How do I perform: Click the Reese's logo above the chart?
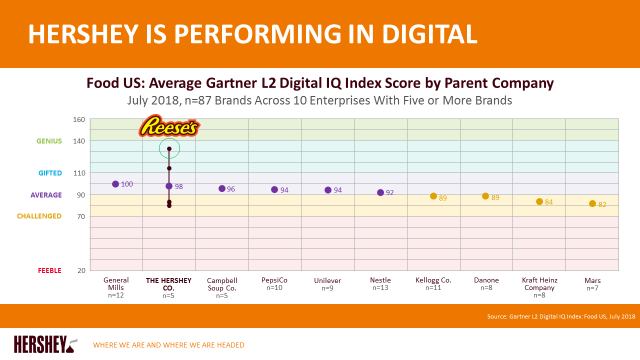pyautogui.click(x=169, y=126)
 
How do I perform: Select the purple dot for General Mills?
pyautogui.click(x=115, y=184)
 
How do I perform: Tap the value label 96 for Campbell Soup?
pyautogui.click(x=230, y=189)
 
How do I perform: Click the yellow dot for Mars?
pyautogui.click(x=592, y=203)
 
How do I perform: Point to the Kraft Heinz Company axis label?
pyautogui.click(x=539, y=284)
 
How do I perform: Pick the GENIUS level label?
pyautogui.click(x=49, y=141)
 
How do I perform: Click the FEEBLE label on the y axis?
pyautogui.click(x=49, y=270)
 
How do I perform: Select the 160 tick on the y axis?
pyautogui.click(x=79, y=119)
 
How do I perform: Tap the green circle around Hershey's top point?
pyautogui.click(x=169, y=148)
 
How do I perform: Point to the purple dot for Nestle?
pyautogui.click(x=380, y=192)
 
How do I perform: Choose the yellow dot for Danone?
pyautogui.click(x=485, y=196)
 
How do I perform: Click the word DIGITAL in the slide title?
pyautogui.click(x=430, y=34)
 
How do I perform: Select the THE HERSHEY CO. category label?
pyautogui.click(x=168, y=284)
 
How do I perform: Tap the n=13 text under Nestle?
pyautogui.click(x=380, y=288)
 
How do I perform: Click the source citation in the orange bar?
pyautogui.click(x=561, y=316)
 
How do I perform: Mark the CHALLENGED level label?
pyautogui.click(x=39, y=216)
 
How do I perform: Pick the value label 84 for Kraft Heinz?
pyautogui.click(x=548, y=202)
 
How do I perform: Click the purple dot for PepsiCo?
pyautogui.click(x=274, y=189)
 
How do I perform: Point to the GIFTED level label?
pyautogui.click(x=50, y=173)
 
